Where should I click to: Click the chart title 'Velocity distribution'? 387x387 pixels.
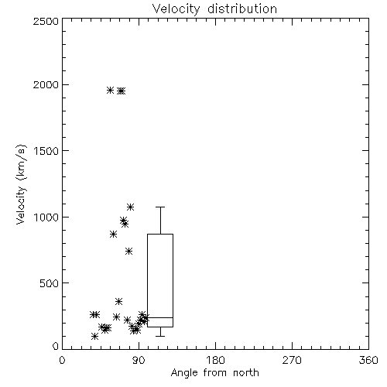click(214, 9)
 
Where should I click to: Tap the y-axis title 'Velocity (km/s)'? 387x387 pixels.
click(21, 184)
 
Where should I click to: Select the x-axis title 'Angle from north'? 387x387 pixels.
click(214, 372)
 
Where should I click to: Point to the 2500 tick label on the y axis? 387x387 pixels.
click(46, 22)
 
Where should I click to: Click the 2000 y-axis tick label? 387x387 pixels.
click(46, 84)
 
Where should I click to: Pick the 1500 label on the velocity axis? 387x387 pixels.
click(46, 151)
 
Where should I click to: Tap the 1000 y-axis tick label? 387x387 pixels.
click(46, 217)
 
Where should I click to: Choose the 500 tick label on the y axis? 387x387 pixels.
click(50, 283)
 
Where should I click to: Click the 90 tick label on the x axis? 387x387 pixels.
click(139, 360)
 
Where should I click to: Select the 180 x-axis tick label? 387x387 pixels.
click(215, 360)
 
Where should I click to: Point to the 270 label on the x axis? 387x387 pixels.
click(292, 360)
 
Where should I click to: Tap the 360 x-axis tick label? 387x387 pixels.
click(368, 360)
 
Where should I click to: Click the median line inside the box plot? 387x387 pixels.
click(160, 317)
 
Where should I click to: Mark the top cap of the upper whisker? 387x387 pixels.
click(160, 207)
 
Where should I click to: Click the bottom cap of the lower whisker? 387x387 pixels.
click(160, 336)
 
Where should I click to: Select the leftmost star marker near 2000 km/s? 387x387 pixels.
click(110, 90)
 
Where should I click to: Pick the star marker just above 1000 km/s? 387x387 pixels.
click(131, 207)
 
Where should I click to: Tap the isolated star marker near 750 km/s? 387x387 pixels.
click(129, 251)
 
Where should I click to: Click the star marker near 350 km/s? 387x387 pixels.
click(118, 301)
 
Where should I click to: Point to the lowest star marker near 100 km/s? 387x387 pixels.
click(94, 336)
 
